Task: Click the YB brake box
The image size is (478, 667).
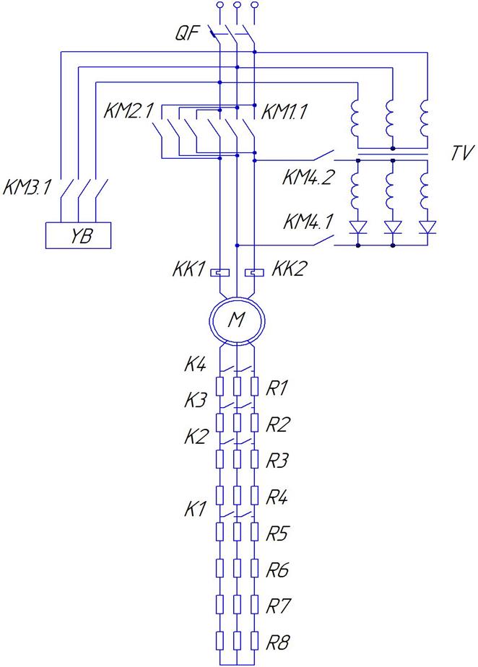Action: click(x=78, y=235)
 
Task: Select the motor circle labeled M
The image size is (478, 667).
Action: click(x=236, y=320)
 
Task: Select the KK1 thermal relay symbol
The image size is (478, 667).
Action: click(x=220, y=273)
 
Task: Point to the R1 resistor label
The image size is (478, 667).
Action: click(x=277, y=389)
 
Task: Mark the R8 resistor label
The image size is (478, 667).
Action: click(x=277, y=640)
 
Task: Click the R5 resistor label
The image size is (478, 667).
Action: click(x=277, y=533)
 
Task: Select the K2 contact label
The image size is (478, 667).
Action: click(x=194, y=436)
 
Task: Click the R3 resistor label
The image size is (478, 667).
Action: click(x=277, y=458)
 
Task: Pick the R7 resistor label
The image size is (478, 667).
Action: click(x=277, y=603)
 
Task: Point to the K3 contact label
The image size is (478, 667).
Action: click(x=194, y=399)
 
